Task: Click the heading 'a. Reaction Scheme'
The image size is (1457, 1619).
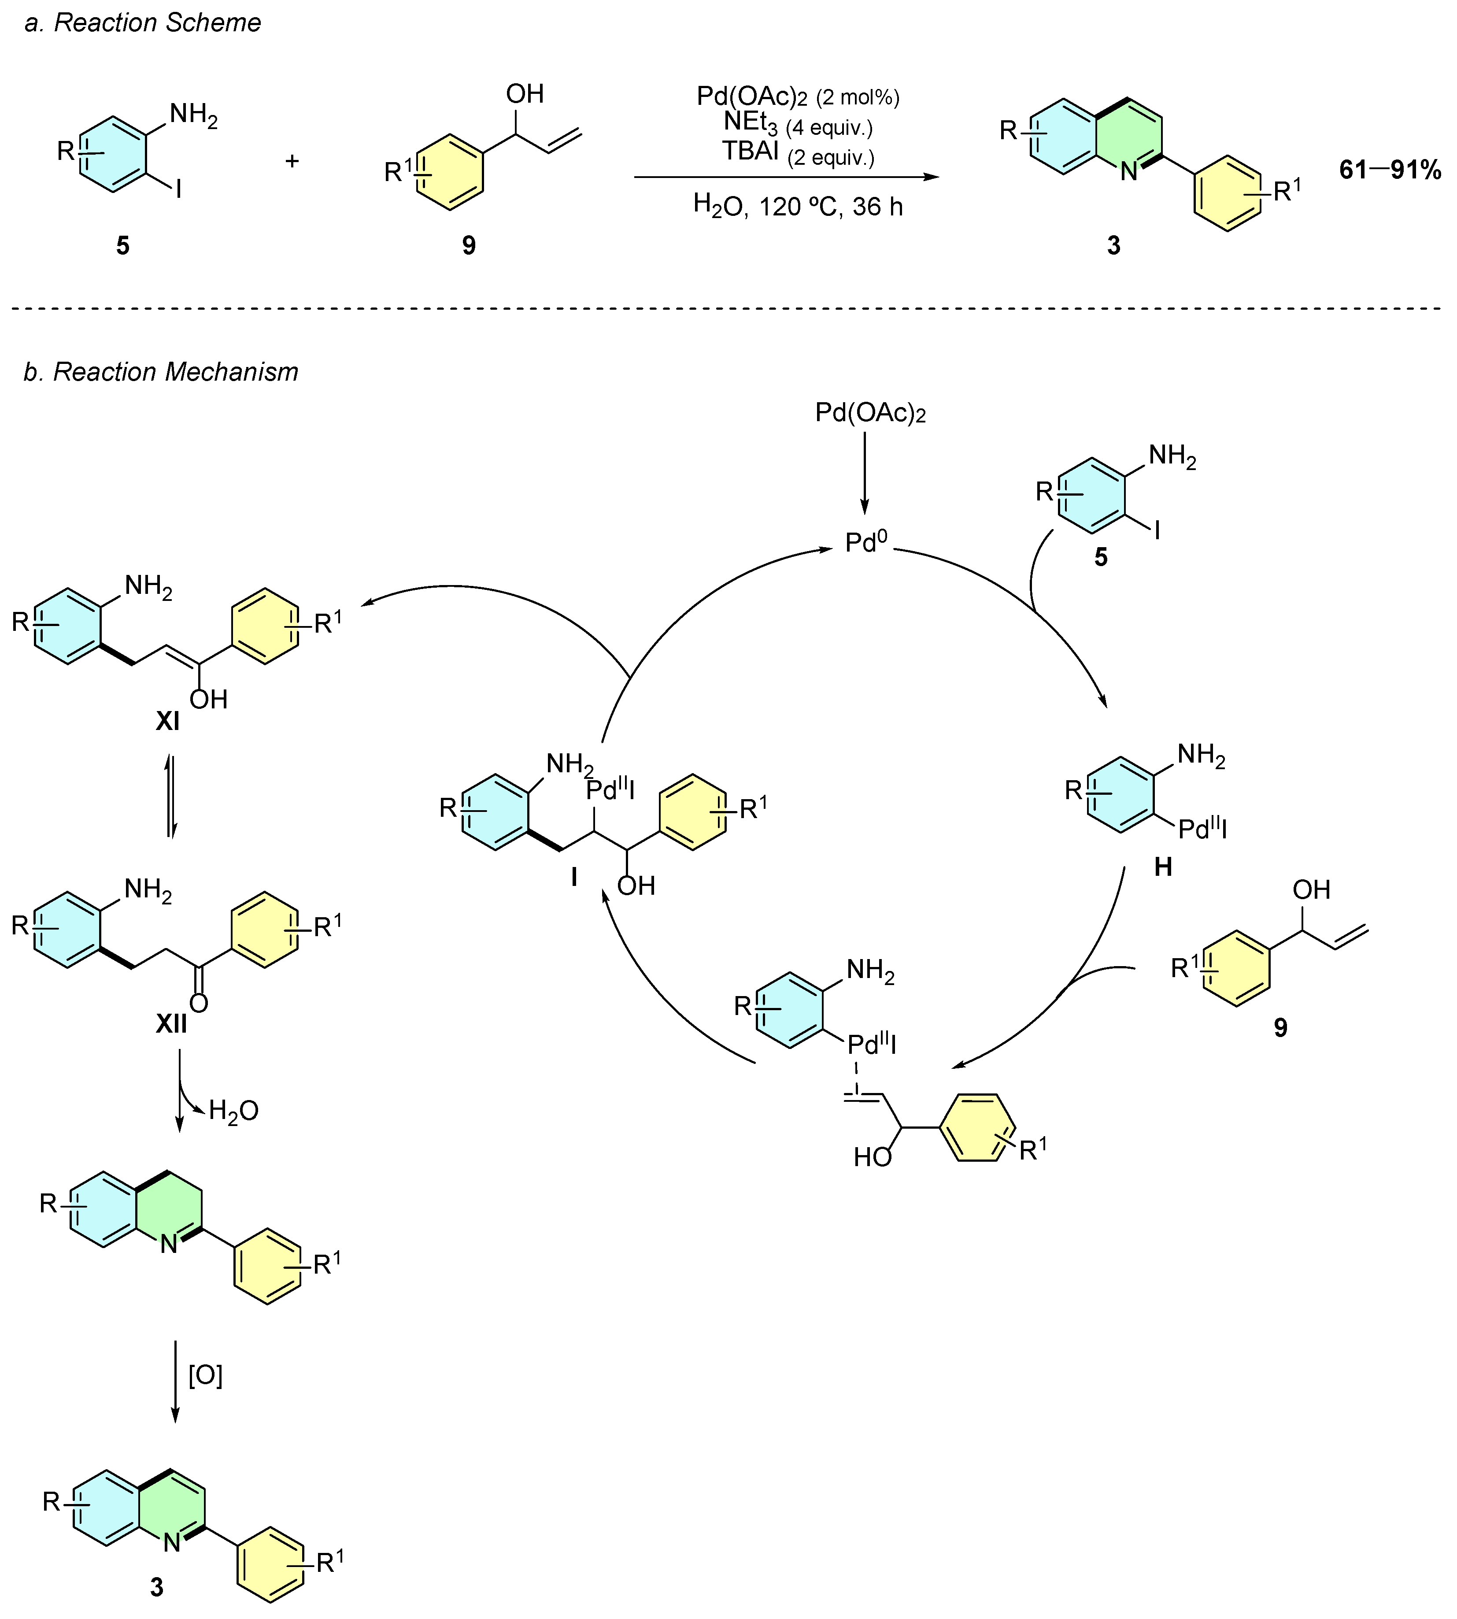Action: tap(143, 22)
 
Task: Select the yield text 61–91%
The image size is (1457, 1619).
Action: tap(1390, 170)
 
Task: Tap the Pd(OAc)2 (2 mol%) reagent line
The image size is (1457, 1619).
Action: tap(797, 97)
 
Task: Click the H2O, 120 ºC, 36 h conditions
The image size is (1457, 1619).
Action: tap(797, 207)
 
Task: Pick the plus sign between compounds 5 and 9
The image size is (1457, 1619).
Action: tap(292, 161)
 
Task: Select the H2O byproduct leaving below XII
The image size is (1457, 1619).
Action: tap(233, 1111)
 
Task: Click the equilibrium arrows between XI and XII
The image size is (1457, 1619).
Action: tap(170, 796)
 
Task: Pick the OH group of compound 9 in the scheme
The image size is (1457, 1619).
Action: tap(525, 94)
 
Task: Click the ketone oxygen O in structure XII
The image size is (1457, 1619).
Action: tap(199, 1003)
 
